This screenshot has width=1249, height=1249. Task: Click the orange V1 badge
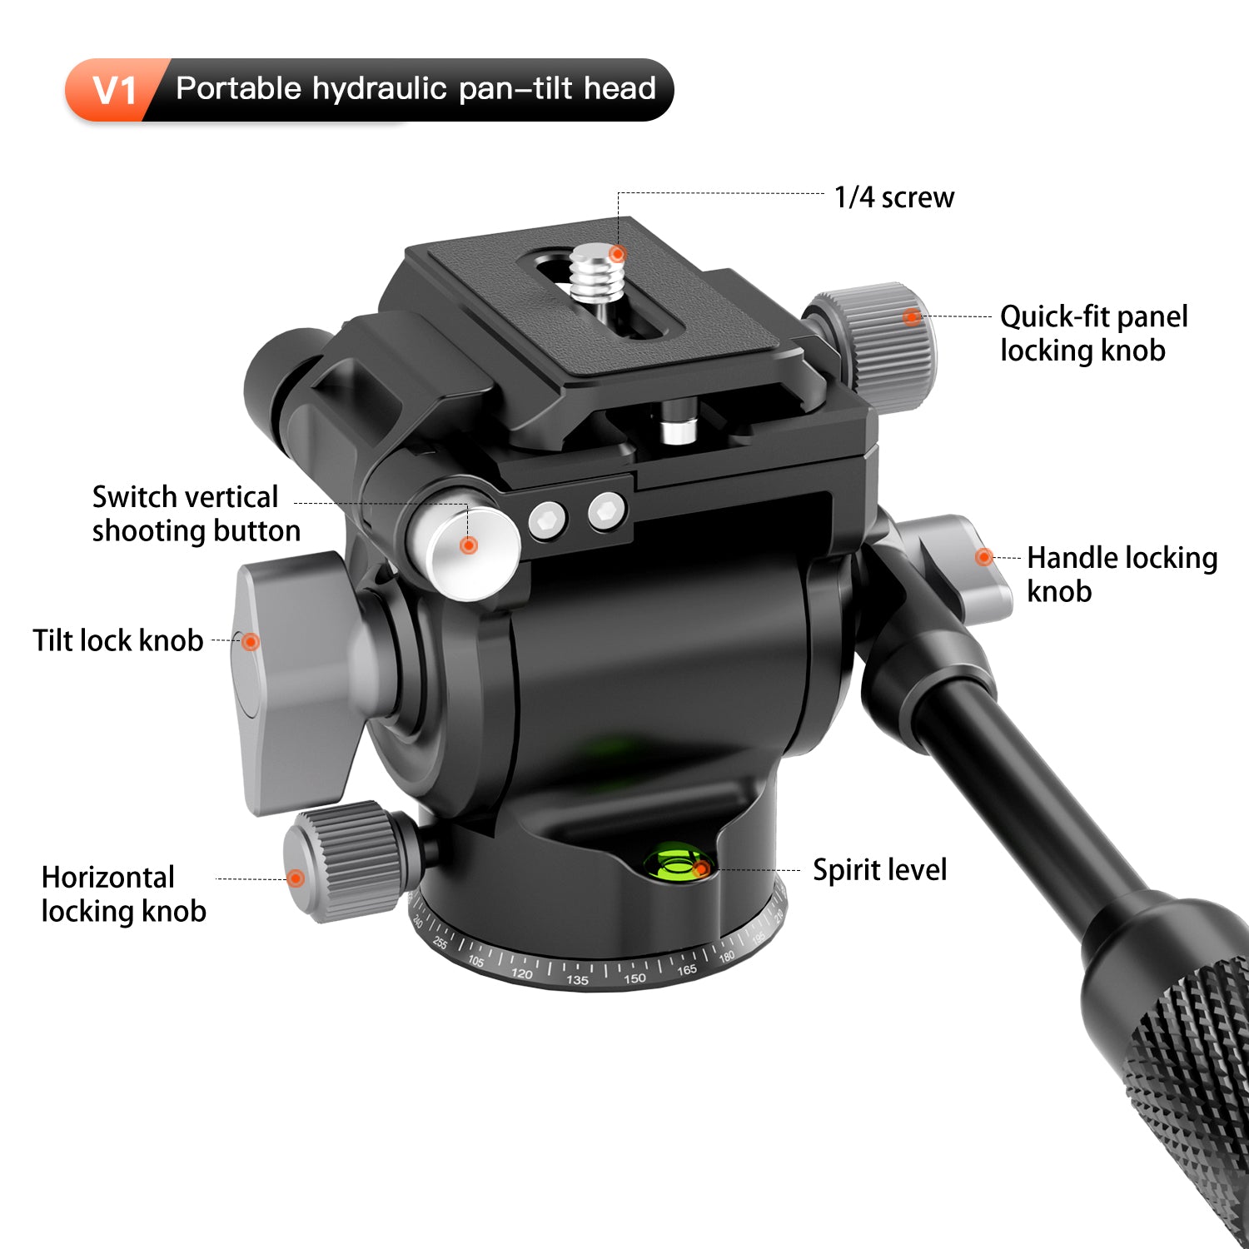(112, 90)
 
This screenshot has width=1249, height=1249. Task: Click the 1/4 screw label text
(894, 197)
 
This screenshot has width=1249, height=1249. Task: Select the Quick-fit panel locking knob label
(1093, 333)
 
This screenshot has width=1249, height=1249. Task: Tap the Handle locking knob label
(1122, 574)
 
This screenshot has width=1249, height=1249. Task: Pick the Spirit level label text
(879, 870)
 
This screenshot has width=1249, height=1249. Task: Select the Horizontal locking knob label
(123, 894)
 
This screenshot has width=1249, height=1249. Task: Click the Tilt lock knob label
(117, 640)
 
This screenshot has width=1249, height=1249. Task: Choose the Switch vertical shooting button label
(196, 514)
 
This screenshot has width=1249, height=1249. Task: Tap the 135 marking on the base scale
(576, 979)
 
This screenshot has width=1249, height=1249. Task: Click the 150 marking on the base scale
(634, 978)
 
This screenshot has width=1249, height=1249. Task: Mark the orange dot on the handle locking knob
(983, 557)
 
